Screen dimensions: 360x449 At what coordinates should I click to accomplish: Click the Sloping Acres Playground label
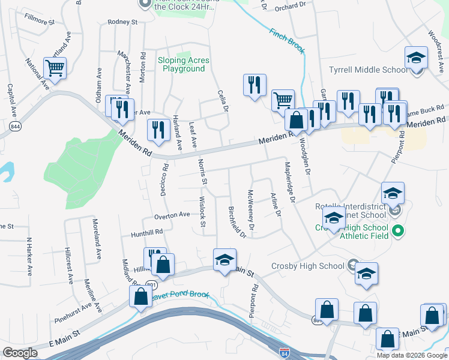(x=183, y=64)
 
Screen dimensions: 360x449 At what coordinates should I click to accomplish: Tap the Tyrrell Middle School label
(x=369, y=70)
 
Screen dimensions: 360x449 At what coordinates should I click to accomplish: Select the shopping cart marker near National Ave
(x=55, y=68)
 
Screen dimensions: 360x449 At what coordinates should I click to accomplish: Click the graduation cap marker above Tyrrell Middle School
(x=415, y=58)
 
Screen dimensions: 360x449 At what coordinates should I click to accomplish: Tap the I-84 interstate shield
(x=283, y=349)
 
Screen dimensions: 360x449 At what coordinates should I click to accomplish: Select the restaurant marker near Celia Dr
(x=255, y=85)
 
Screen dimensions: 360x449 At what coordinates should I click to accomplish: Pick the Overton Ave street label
(x=172, y=214)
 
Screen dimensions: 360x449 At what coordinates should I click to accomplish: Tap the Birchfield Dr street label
(x=237, y=221)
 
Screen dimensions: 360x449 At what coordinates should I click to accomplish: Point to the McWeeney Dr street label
(x=251, y=209)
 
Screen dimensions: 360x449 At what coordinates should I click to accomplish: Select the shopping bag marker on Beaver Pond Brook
(x=140, y=296)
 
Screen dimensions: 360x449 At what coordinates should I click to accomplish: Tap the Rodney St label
(x=123, y=22)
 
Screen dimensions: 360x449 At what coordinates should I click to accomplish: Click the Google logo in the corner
(x=20, y=353)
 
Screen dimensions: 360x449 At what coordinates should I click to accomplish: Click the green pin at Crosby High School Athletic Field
(x=397, y=230)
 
